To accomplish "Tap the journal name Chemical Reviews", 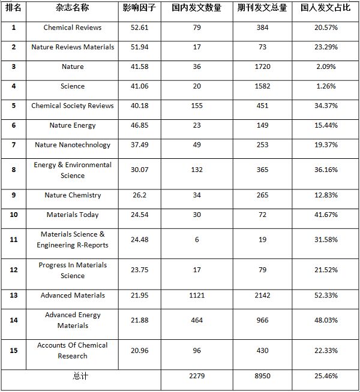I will pyautogui.click(x=73, y=28).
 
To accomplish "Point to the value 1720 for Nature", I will pyautogui.click(x=262, y=67).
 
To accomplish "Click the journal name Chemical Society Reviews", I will pyautogui.click(x=73, y=105).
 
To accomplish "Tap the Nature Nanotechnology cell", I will pyautogui.click(x=73, y=144).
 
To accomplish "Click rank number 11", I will pyautogui.click(x=14, y=240).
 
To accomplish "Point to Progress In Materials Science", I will pyautogui.click(x=73, y=270).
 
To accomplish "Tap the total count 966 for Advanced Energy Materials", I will pyautogui.click(x=262, y=320).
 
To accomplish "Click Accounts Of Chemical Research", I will pyautogui.click(x=73, y=351).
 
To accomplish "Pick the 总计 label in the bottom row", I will pyautogui.click(x=80, y=376).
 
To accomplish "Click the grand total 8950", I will pyautogui.click(x=262, y=376).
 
